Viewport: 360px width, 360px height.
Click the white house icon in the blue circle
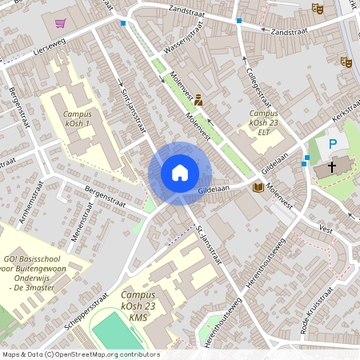pos(180,173)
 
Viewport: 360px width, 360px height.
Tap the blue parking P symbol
pos(332,144)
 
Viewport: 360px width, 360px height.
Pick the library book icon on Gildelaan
pos(258,187)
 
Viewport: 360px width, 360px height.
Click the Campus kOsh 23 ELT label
pos(263,122)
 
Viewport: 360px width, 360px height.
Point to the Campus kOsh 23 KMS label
pos(144,297)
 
